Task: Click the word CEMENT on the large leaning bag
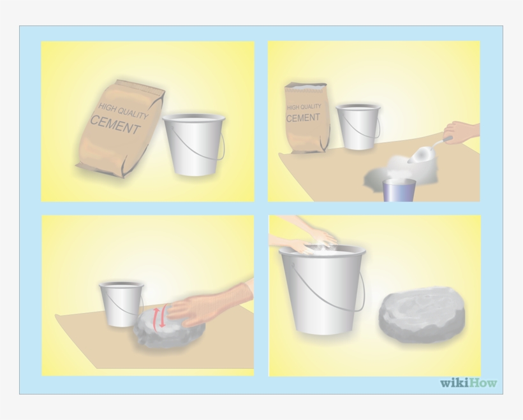point(115,124)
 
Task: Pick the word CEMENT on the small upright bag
point(303,118)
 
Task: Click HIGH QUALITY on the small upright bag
point(304,107)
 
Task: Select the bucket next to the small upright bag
point(358,127)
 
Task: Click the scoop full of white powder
point(423,151)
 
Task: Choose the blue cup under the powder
point(399,190)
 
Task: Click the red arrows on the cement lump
point(162,315)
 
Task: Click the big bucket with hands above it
point(322,290)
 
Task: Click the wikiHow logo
point(468,383)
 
